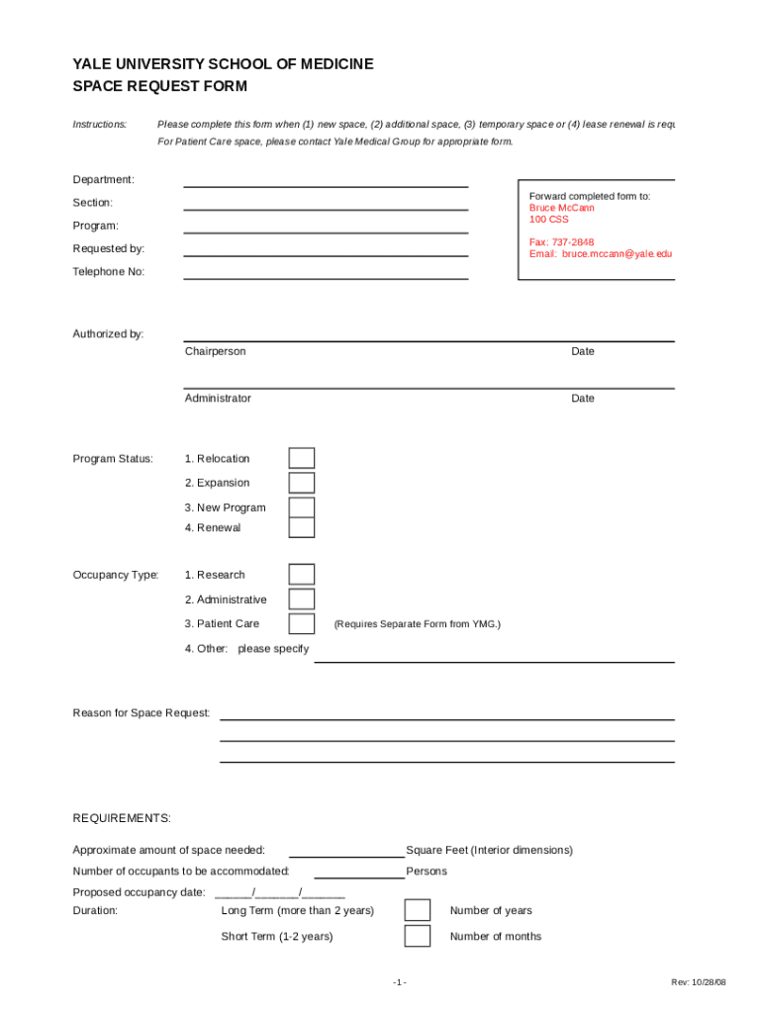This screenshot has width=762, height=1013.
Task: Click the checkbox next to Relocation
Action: click(x=302, y=458)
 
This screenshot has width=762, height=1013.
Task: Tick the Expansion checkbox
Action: click(x=302, y=483)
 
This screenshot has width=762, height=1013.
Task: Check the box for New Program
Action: click(x=302, y=507)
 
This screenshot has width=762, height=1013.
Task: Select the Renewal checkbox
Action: click(x=302, y=527)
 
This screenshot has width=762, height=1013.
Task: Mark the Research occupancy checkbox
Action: click(x=302, y=575)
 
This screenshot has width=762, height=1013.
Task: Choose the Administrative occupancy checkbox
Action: click(x=302, y=599)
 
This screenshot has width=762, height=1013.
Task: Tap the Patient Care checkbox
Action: click(x=302, y=623)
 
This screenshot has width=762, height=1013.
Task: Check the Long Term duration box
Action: click(x=418, y=910)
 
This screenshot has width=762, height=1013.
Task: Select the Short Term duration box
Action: click(x=418, y=936)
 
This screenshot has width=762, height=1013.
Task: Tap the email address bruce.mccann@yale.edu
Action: click(x=601, y=254)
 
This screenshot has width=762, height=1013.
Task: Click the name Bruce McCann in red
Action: click(x=562, y=209)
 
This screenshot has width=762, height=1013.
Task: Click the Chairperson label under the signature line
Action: click(x=215, y=352)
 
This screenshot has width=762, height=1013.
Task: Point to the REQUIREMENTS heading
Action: click(x=122, y=818)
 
